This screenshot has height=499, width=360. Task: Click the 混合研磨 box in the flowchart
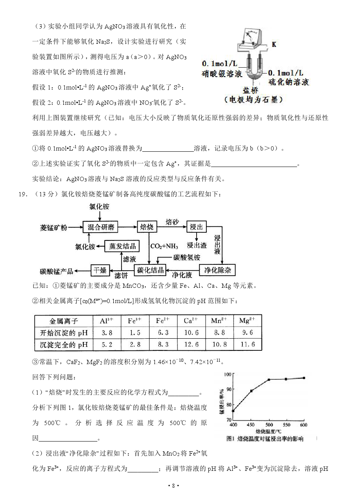[100, 227]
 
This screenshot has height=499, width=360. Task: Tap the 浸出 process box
[195, 227]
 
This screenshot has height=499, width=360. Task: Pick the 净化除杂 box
[217, 269]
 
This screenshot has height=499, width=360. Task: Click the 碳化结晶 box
[149, 269]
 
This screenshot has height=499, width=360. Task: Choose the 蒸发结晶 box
[123, 246]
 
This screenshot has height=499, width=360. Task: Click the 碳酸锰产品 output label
[57, 271]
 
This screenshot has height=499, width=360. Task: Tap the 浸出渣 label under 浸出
[197, 246]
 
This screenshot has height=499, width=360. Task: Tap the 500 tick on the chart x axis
[269, 425]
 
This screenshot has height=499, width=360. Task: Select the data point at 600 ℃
[304, 378]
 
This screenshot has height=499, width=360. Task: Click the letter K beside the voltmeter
[274, 44]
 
